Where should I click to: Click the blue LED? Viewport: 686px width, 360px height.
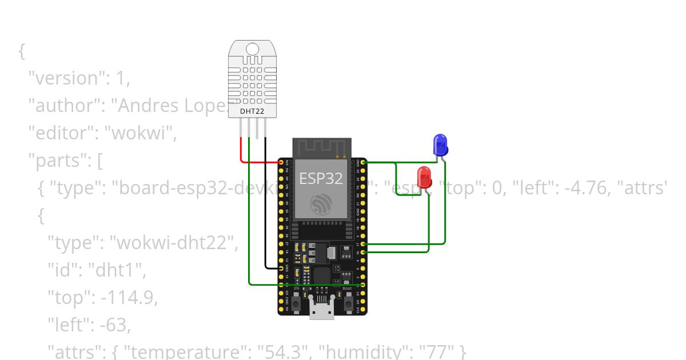[440, 145]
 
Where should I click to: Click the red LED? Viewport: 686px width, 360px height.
[424, 177]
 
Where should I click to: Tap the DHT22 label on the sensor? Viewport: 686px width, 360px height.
[252, 111]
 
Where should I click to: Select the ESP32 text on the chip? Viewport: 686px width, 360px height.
[321, 179]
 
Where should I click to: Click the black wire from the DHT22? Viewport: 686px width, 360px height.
[266, 217]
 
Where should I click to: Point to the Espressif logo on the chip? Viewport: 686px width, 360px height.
[321, 204]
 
